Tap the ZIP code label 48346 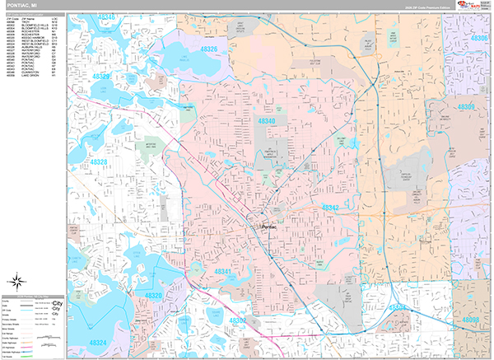pyautogui.click(x=105, y=17)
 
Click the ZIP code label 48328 pyautogui.click(x=101, y=162)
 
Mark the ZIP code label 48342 pyautogui.click(x=331, y=208)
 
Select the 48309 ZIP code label pyautogui.click(x=465, y=107)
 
